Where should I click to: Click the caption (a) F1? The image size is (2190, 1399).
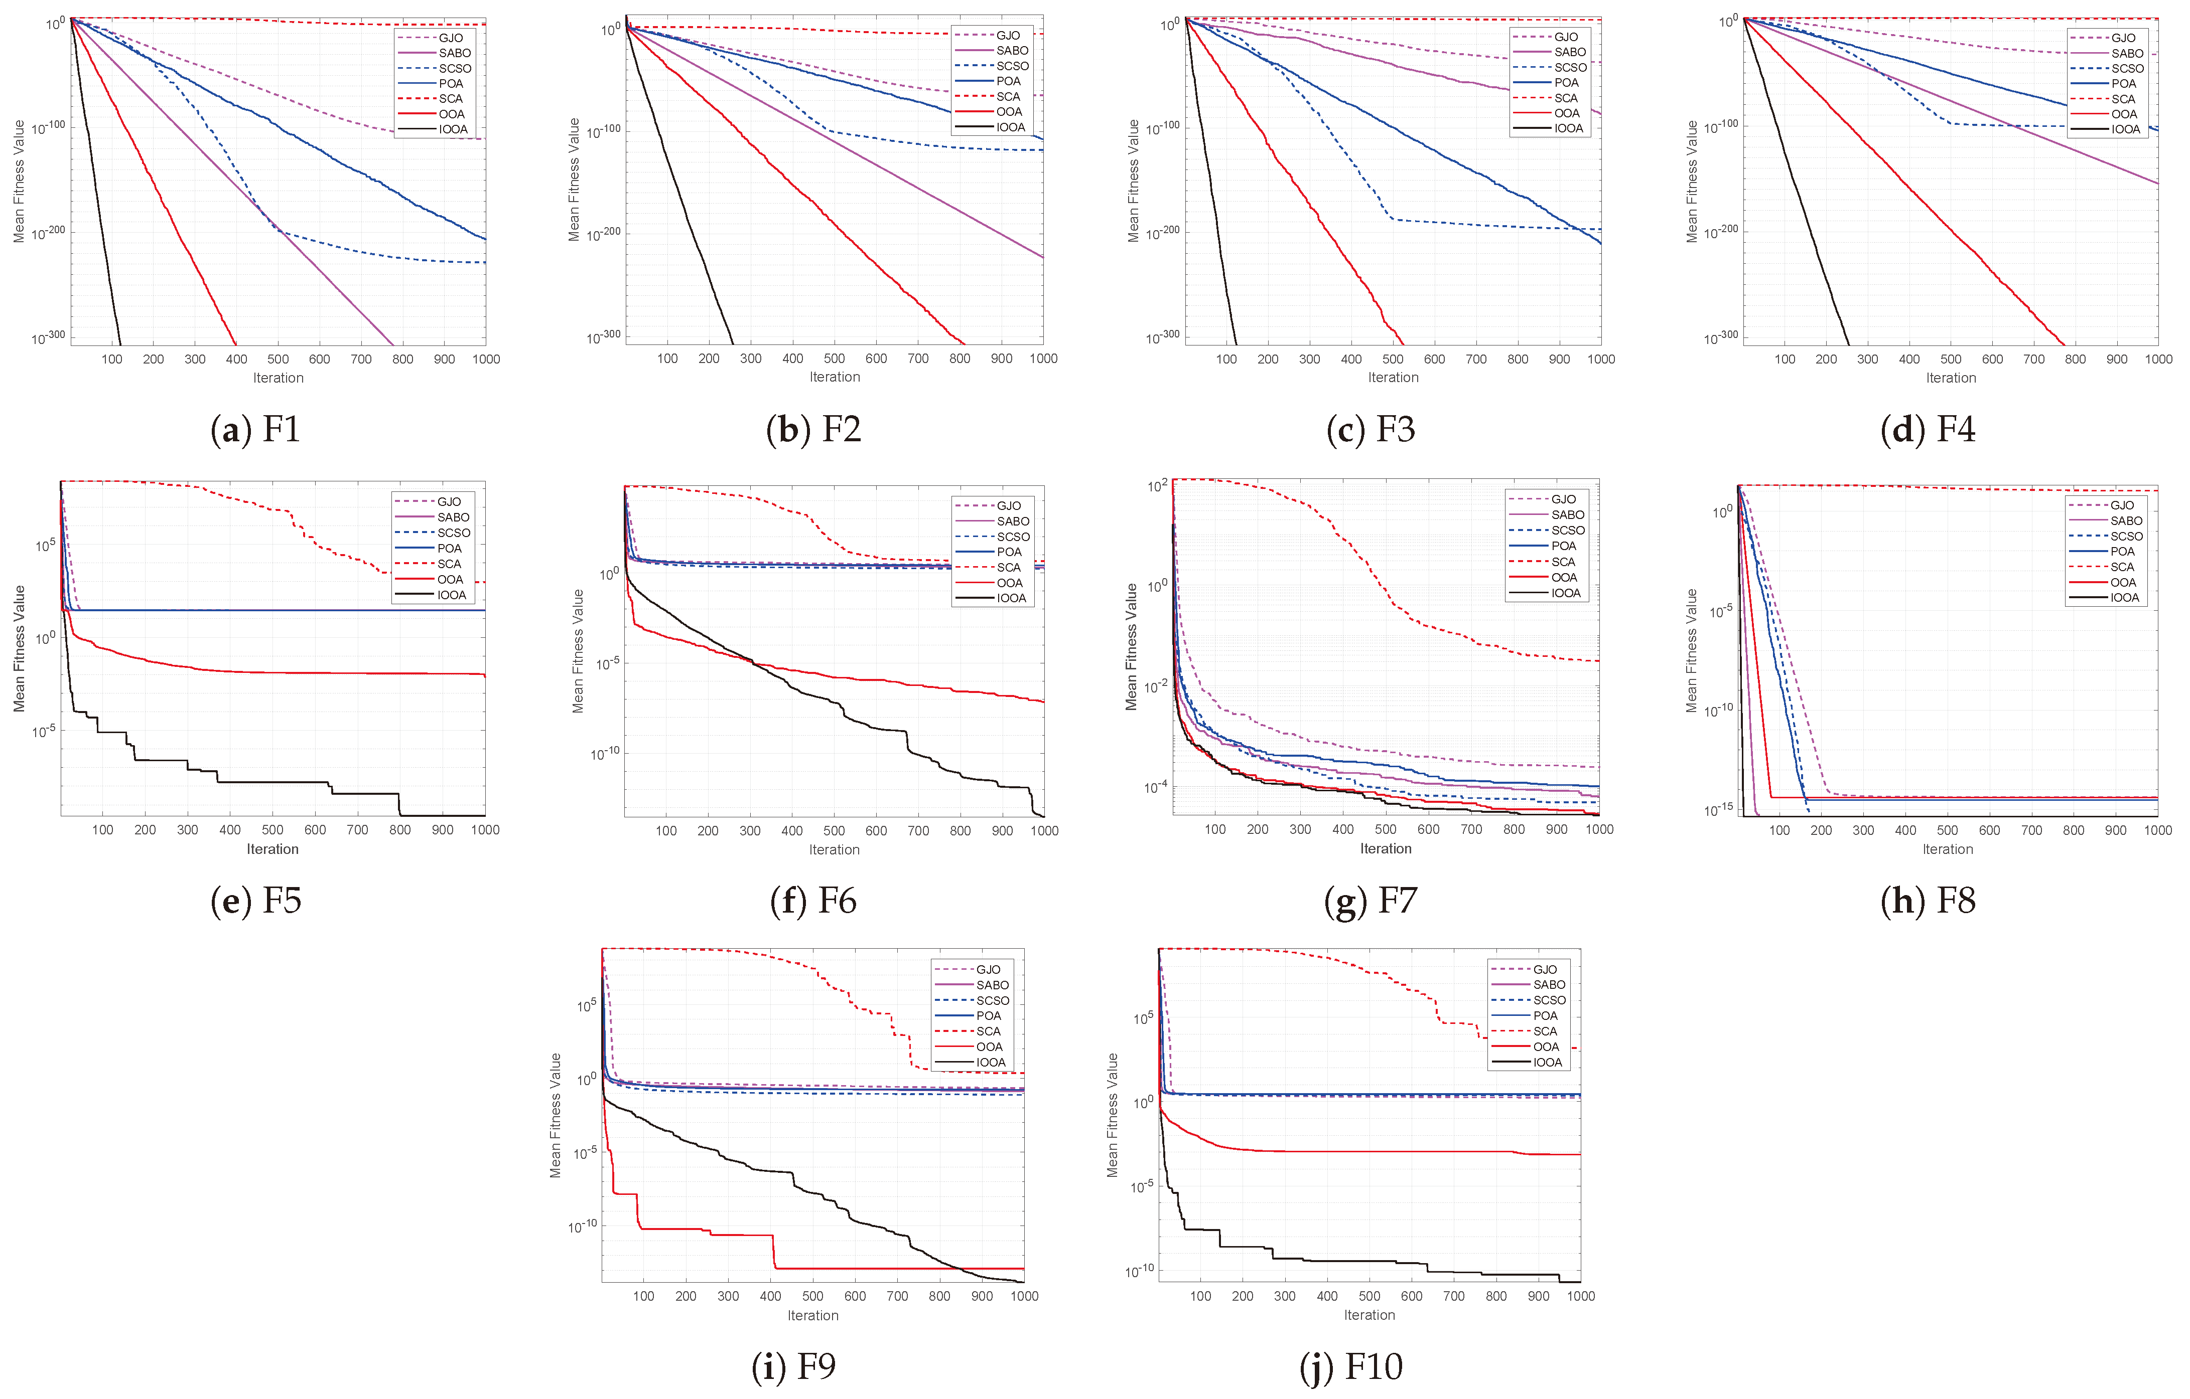point(255,429)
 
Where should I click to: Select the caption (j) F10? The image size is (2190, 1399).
point(1351,1366)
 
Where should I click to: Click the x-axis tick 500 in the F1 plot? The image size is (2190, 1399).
point(279,359)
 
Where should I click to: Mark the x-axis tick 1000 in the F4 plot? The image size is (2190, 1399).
point(2158,359)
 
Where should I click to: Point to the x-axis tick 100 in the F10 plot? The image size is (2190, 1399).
point(1200,1296)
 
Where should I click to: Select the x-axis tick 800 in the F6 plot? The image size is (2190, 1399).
point(961,831)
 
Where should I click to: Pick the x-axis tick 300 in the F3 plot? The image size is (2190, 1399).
point(1310,359)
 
